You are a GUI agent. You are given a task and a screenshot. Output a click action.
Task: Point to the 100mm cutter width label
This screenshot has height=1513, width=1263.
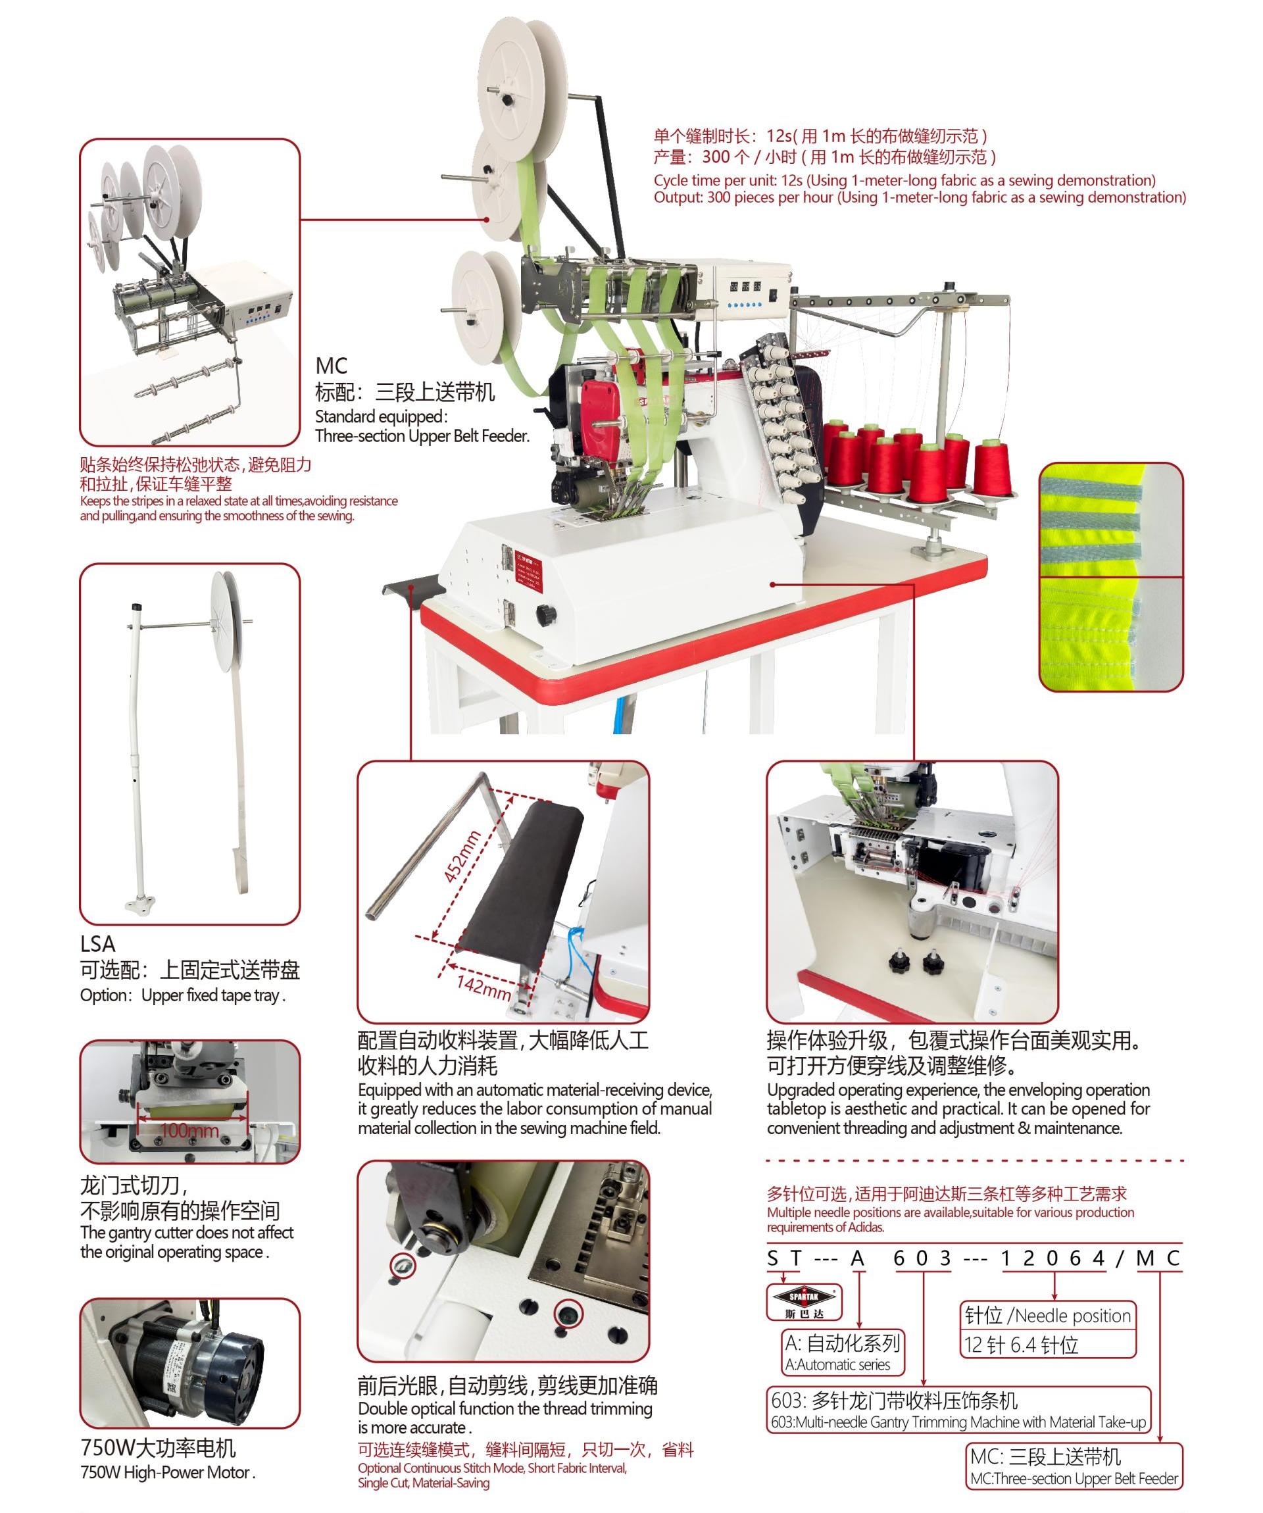pos(189,1129)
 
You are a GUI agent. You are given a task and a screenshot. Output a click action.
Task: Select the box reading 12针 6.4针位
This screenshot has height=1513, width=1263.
pos(1048,1345)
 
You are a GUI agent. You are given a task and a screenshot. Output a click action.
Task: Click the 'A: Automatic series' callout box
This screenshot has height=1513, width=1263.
pos(843,1352)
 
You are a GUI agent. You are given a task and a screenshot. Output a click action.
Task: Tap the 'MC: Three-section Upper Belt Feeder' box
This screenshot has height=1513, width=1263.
pos(1074,1466)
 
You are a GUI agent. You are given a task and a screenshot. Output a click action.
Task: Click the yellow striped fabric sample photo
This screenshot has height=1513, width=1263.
pos(1110,577)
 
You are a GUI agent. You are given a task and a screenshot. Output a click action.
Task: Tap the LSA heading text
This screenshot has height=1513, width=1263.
pos(97,944)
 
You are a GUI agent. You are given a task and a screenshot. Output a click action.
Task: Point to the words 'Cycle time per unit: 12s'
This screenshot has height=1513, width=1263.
pos(728,180)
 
